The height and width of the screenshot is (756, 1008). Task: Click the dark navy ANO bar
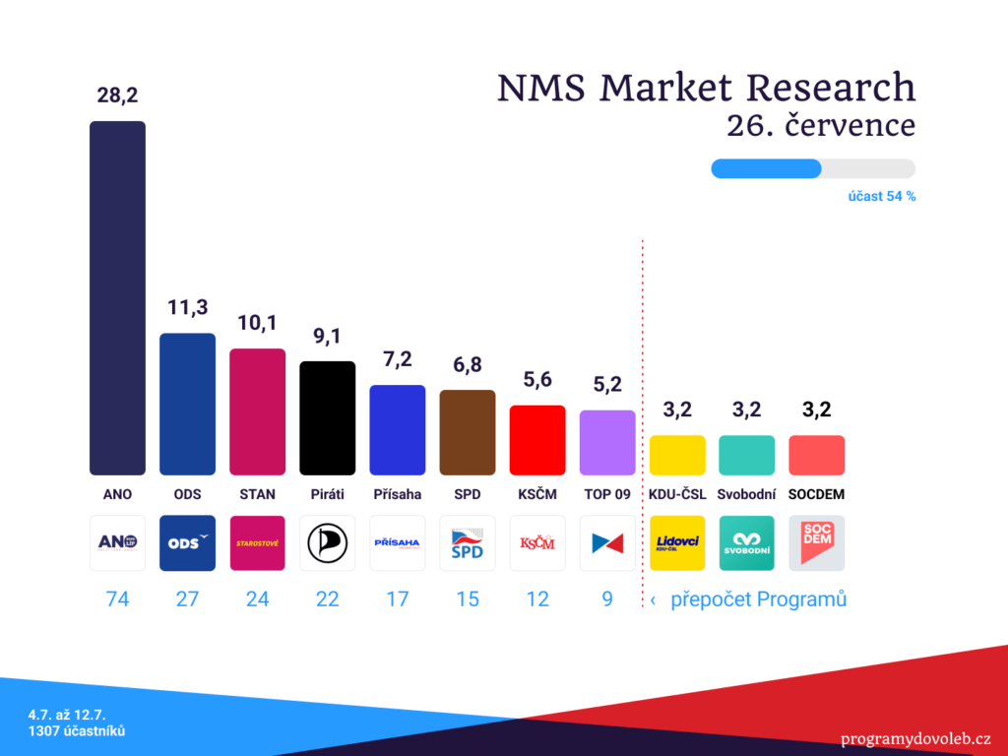pyautogui.click(x=118, y=298)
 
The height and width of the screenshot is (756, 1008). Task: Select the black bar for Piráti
pyautogui.click(x=327, y=418)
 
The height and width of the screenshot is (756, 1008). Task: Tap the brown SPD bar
pyautogui.click(x=468, y=433)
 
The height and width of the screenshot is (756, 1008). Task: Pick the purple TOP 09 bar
pyautogui.click(x=607, y=443)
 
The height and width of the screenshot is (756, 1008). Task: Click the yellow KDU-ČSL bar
pyautogui.click(x=677, y=455)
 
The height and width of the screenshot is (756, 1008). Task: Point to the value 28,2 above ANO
pyautogui.click(x=118, y=95)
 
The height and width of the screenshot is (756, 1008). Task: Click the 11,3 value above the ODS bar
pyautogui.click(x=188, y=307)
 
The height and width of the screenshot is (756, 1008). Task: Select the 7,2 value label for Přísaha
pyautogui.click(x=398, y=359)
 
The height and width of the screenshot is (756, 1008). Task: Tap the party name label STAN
pyautogui.click(x=257, y=494)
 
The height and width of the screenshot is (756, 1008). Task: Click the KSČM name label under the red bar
pyautogui.click(x=537, y=494)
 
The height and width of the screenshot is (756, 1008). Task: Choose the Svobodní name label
pyautogui.click(x=747, y=494)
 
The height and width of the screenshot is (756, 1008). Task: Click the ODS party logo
pyautogui.click(x=188, y=543)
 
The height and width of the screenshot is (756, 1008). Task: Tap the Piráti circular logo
pyautogui.click(x=327, y=543)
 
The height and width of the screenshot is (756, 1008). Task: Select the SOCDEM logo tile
pyautogui.click(x=816, y=543)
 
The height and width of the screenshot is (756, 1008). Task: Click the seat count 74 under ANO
pyautogui.click(x=118, y=599)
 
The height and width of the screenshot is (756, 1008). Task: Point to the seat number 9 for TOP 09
pyautogui.click(x=607, y=599)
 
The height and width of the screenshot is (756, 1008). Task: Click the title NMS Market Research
pyautogui.click(x=707, y=88)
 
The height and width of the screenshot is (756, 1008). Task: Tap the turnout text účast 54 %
pyautogui.click(x=882, y=197)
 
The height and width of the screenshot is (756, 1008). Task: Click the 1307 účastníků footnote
pyautogui.click(x=77, y=731)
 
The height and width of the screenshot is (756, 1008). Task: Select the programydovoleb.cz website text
pyautogui.click(x=915, y=739)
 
